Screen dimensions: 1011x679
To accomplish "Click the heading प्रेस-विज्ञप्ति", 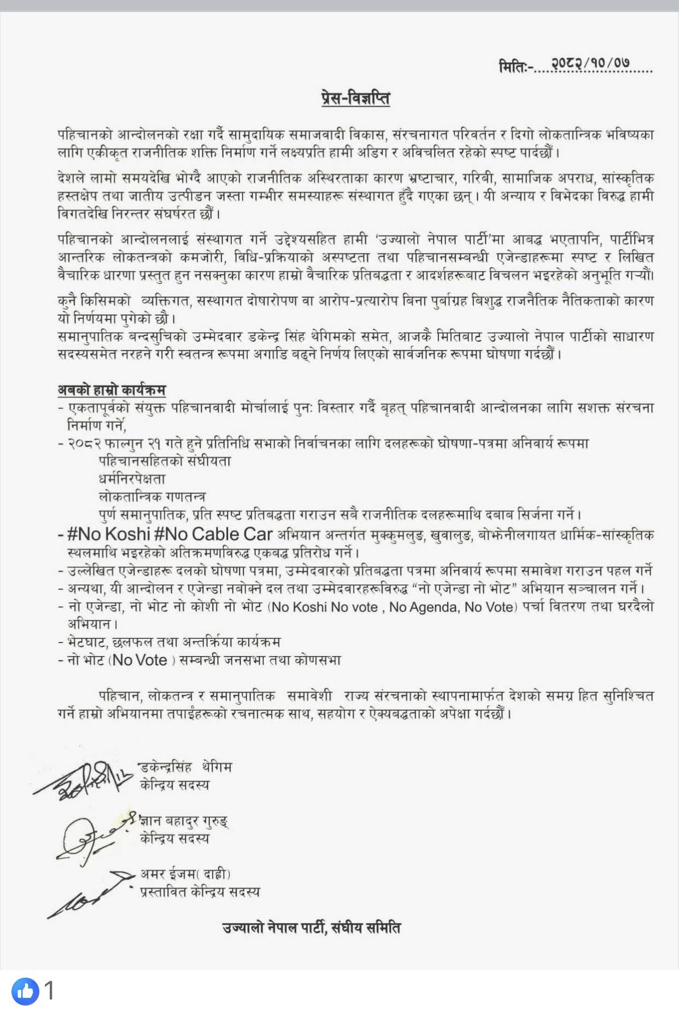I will tap(355, 98).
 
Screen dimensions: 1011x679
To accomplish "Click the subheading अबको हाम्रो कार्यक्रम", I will tap(112, 390).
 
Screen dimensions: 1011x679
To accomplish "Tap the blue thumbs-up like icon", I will tap(25, 990).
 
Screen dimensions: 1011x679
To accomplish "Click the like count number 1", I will tap(49, 990).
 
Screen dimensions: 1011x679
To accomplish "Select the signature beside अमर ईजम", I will tap(87, 892).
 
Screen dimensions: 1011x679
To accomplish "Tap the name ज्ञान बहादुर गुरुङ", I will tap(184, 821).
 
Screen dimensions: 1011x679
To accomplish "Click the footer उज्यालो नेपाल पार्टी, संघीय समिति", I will tap(312, 927).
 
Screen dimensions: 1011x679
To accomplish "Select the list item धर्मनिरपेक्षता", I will tap(132, 479).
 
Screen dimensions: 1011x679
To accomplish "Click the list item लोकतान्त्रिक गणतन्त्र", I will tap(152, 497).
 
